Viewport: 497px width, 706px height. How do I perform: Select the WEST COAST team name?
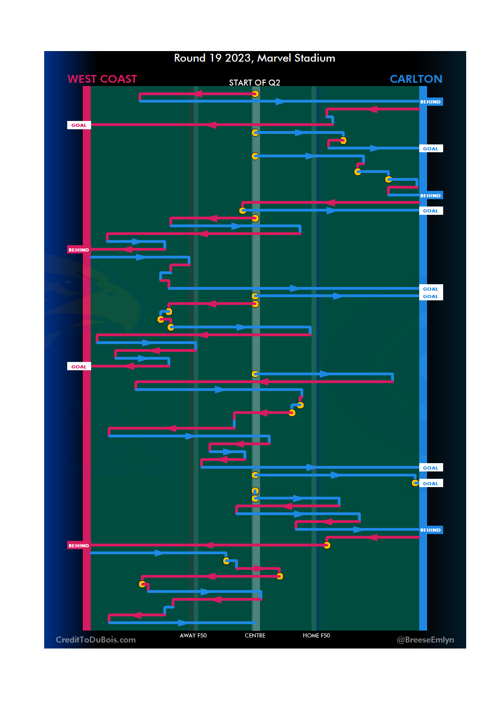tap(102, 79)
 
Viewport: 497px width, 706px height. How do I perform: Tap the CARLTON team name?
tap(416, 79)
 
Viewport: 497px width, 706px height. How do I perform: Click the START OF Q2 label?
tap(254, 83)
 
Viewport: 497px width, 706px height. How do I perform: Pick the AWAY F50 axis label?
tap(193, 636)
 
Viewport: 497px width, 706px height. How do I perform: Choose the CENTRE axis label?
tap(255, 636)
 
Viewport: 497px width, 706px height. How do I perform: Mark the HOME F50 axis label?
tap(316, 636)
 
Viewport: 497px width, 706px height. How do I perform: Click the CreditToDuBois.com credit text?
tap(96, 640)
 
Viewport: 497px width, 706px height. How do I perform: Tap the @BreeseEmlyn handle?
tap(425, 640)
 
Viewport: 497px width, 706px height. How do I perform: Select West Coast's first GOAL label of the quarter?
tap(79, 125)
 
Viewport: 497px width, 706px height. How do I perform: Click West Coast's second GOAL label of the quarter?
tap(79, 367)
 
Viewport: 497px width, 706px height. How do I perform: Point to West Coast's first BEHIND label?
tap(79, 250)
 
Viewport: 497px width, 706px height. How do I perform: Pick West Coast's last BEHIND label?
tap(79, 545)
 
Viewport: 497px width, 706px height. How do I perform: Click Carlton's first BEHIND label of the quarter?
tap(430, 102)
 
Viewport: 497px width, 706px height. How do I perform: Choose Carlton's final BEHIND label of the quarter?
tap(430, 530)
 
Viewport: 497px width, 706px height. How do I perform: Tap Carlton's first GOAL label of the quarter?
tap(430, 149)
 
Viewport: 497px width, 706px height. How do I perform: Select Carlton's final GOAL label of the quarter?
tap(430, 483)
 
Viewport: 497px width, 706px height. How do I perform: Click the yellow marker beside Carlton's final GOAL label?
tap(415, 483)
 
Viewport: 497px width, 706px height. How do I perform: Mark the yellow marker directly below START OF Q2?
tap(255, 94)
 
